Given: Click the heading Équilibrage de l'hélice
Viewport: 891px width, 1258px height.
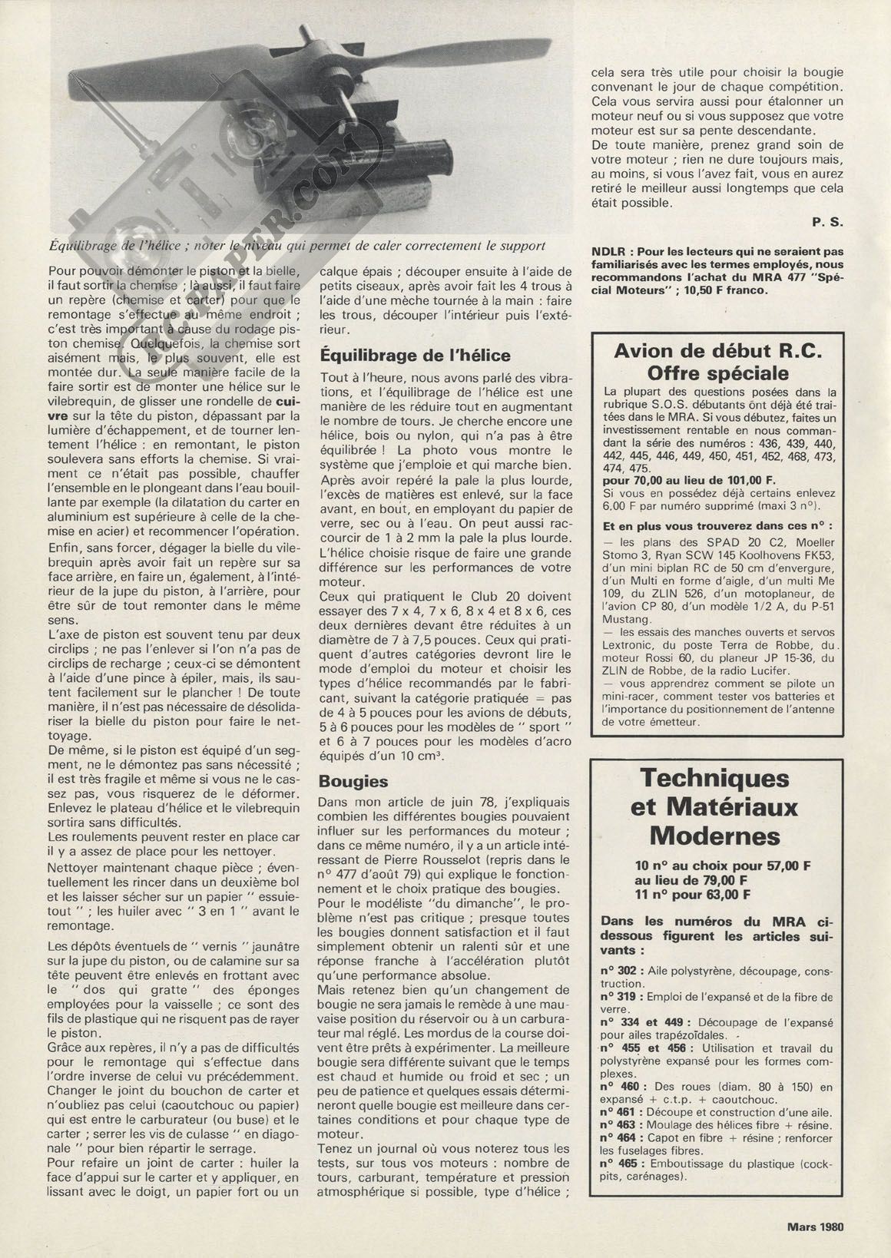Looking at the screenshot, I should pos(415,356).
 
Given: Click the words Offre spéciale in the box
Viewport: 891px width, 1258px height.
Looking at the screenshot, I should pos(718,373).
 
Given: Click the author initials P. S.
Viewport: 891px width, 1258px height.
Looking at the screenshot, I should pos(826,223).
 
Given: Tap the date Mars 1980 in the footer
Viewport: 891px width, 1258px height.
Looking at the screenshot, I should pos(815,1226).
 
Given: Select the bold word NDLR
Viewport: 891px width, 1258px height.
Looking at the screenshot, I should pos(612,251).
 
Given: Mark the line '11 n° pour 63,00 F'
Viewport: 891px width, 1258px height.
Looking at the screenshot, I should pos(692,894).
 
